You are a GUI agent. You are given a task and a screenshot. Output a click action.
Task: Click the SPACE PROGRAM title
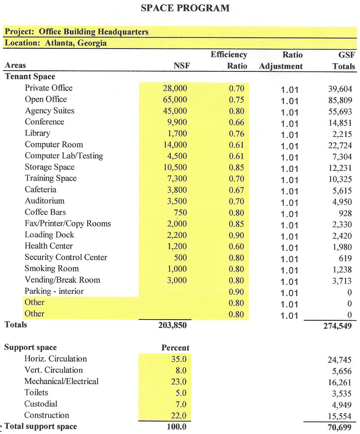click(x=185, y=8)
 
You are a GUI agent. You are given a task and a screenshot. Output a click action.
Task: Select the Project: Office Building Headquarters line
click(x=76, y=32)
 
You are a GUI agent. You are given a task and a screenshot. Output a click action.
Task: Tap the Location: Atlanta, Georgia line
click(x=56, y=43)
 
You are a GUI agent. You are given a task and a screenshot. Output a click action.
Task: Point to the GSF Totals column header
click(x=344, y=61)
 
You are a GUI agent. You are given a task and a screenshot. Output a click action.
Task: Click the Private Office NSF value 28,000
click(x=175, y=88)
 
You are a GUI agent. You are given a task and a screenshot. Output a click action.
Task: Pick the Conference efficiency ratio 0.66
click(x=237, y=123)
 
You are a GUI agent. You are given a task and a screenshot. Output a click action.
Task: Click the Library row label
click(x=37, y=133)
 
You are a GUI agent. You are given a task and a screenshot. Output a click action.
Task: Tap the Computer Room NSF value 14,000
click(x=175, y=145)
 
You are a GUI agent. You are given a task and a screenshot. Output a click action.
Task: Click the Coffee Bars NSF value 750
click(x=180, y=213)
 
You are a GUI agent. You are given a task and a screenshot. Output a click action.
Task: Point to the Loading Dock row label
click(x=49, y=235)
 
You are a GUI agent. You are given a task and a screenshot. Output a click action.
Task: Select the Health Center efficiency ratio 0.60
click(x=237, y=247)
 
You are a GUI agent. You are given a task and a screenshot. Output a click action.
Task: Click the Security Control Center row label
click(x=66, y=257)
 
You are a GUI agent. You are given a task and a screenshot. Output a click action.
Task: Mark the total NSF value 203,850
click(x=172, y=325)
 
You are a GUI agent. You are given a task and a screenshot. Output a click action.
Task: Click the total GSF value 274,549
click(x=338, y=326)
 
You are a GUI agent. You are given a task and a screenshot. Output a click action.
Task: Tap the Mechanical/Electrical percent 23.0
click(x=179, y=382)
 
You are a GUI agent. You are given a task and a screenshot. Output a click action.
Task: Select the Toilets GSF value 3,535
click(x=341, y=394)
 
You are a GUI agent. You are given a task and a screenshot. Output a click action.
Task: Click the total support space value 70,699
click(x=339, y=427)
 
